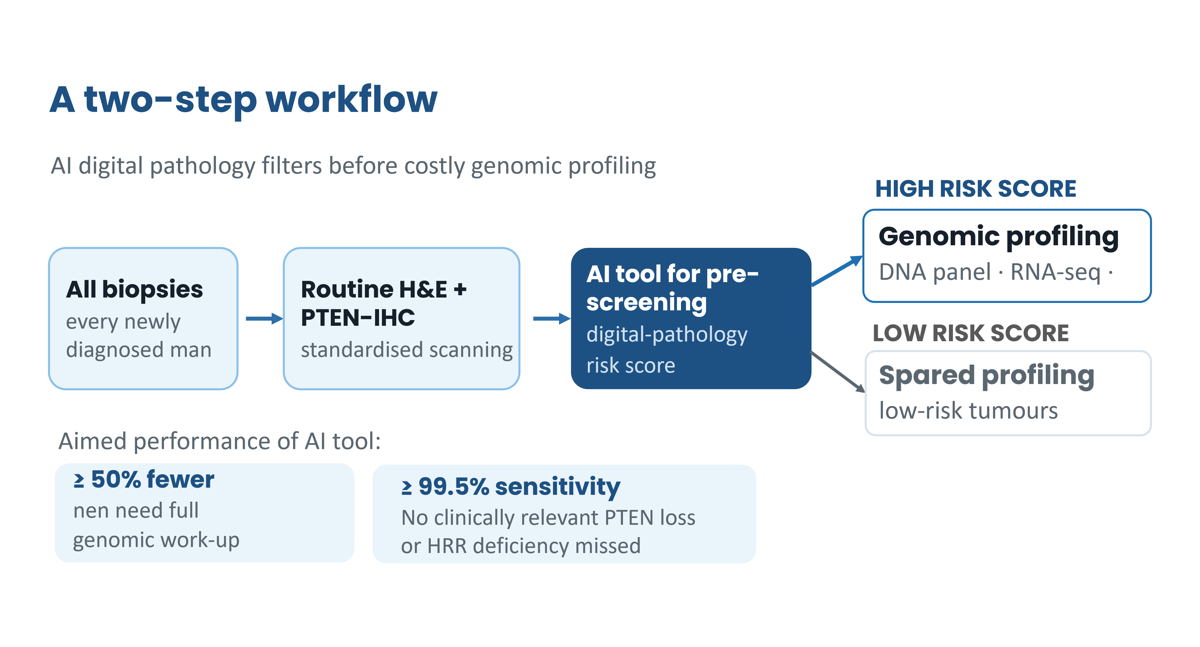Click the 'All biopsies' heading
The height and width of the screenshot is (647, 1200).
coord(134,290)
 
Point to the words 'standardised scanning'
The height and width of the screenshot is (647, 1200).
coord(407,350)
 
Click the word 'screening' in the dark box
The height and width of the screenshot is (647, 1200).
coord(647,303)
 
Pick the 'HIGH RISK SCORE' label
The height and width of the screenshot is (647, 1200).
coord(975,189)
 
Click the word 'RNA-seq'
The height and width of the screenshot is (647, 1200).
coord(1055,272)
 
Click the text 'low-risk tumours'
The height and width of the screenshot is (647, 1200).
coord(968,411)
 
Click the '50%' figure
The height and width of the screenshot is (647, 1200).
coord(116,480)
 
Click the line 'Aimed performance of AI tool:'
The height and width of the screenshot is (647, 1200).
coord(219,441)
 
